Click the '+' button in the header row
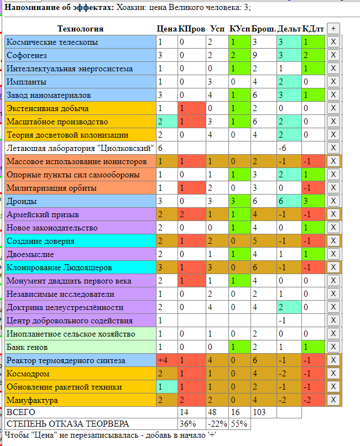point(333,28)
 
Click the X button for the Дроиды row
point(333,201)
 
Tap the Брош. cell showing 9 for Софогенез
point(263,55)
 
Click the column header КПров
point(192,29)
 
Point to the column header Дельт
point(289,29)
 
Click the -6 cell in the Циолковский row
point(289,148)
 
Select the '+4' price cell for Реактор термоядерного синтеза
point(166,360)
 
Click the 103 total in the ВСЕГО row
point(263,412)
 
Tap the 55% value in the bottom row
point(238,424)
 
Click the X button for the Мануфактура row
point(333,400)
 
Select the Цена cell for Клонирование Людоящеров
point(166,267)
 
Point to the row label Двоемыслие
point(30,254)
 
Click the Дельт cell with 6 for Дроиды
point(289,201)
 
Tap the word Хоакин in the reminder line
point(129,7)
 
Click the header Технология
point(80,29)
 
